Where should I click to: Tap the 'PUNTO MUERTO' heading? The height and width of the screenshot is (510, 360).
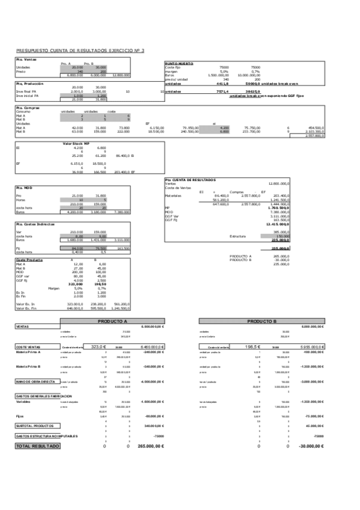coord(178,63)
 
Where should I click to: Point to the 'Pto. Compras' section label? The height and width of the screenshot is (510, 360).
coord(27,108)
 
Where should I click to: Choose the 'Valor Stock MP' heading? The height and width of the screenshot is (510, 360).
coord(77,144)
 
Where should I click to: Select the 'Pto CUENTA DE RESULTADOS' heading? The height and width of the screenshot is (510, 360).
coord(191,179)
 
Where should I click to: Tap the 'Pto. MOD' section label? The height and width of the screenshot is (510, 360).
coord(24,187)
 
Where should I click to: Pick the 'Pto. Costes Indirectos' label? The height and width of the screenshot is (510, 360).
coord(34,223)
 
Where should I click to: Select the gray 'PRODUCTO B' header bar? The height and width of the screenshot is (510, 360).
coord(261,321)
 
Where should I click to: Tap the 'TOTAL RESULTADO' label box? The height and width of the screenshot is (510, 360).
coord(37,446)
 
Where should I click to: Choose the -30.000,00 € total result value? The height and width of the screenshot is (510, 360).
coord(310,446)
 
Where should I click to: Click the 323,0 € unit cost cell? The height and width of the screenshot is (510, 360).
coord(98,347)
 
